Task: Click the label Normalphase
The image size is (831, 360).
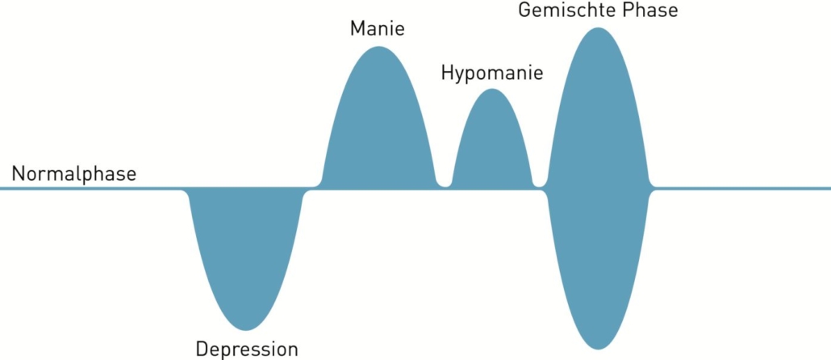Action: pos(74,174)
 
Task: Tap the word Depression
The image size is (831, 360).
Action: pos(247,350)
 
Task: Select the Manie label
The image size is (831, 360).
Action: pos(377,30)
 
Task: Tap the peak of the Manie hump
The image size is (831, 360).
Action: pos(378,48)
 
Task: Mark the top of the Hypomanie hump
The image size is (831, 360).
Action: pos(491,90)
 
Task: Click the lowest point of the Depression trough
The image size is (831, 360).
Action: pos(244,329)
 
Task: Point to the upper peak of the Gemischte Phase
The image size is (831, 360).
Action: pos(598,29)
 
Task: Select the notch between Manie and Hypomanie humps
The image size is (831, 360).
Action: pos(444,186)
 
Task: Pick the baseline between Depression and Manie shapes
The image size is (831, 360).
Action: pos(311,189)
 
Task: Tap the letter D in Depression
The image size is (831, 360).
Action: pos(202,350)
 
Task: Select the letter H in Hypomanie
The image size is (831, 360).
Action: pos(447,73)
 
